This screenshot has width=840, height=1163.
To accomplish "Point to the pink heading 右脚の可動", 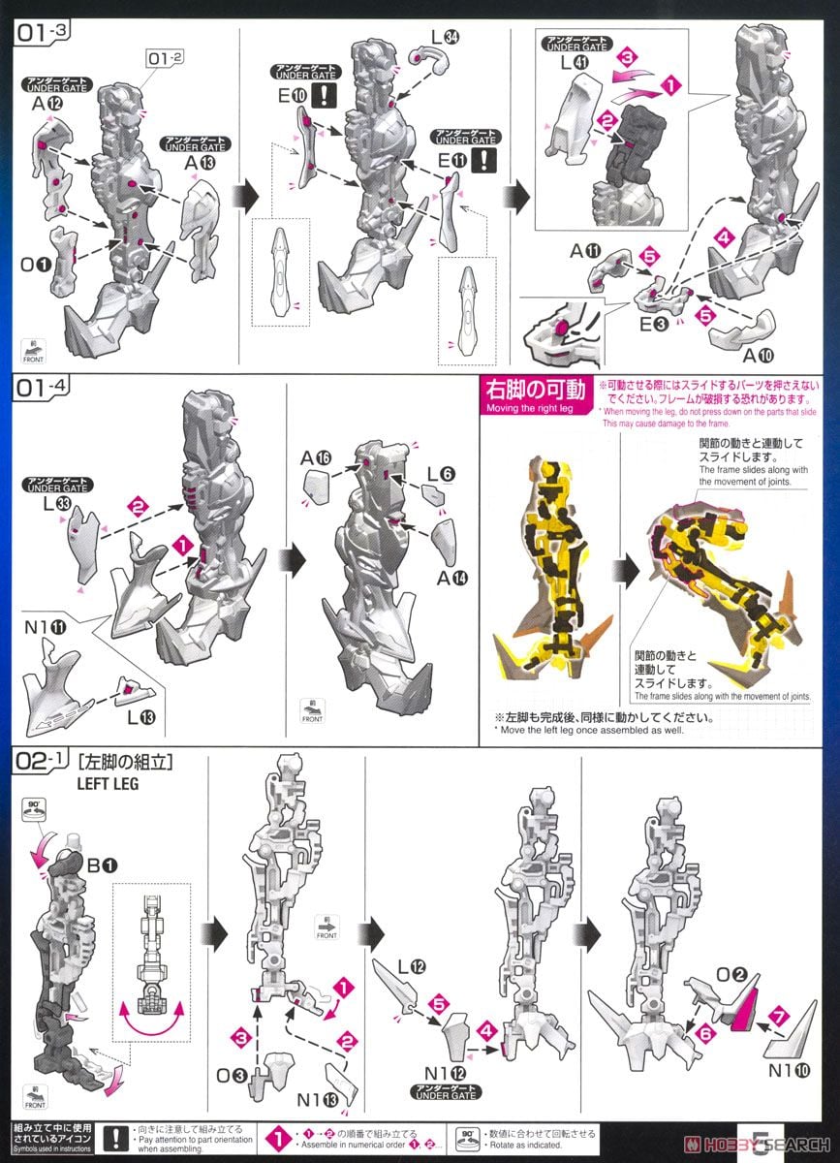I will (x=534, y=390).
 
